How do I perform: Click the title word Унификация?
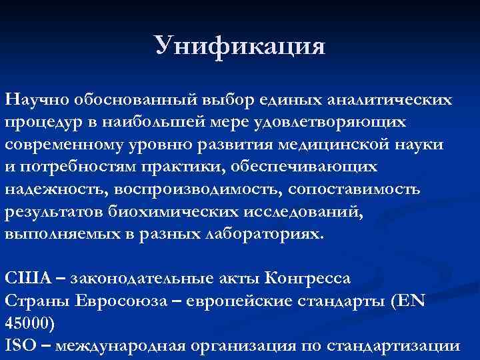pos(239,47)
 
